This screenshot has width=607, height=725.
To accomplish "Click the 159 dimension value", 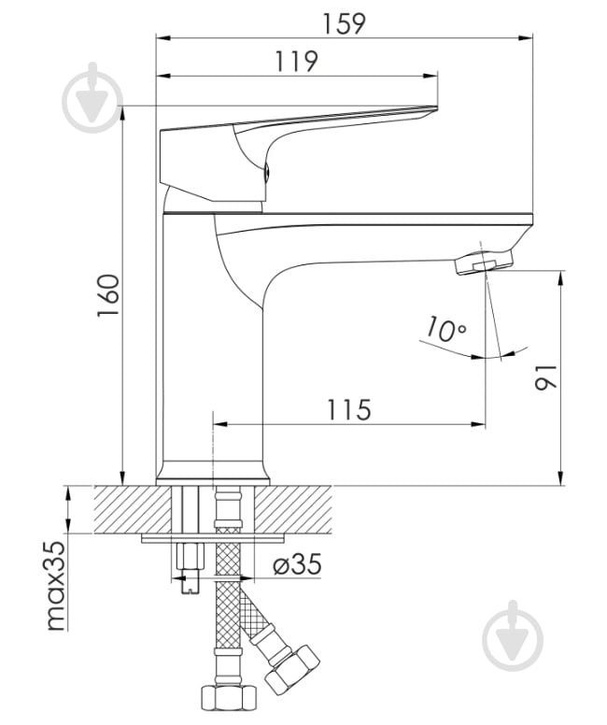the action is (x=344, y=23).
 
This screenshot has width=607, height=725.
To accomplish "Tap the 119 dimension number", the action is (x=297, y=62).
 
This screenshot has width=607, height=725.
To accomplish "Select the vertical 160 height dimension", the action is (x=108, y=295).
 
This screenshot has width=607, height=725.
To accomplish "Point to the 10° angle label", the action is (x=445, y=328).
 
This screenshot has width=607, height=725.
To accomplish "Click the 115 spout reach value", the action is (x=349, y=409).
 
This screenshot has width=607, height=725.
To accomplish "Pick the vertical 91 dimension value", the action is (x=546, y=377).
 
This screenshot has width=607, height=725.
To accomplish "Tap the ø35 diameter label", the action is (x=297, y=564).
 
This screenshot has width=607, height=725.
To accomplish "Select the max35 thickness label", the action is (x=56, y=586).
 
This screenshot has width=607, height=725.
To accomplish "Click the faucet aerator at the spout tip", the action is (x=484, y=263).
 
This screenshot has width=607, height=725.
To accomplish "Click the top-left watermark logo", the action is (x=93, y=98).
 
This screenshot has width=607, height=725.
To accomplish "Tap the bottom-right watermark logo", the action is (x=513, y=636).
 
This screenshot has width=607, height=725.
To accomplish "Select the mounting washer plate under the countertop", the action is (x=213, y=538).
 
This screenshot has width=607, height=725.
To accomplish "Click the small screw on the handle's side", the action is (x=266, y=173).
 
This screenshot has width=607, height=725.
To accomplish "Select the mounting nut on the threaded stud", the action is (x=190, y=557).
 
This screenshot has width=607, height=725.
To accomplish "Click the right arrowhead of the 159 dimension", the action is (x=525, y=38).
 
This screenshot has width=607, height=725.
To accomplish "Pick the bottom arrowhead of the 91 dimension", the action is (x=560, y=477).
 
